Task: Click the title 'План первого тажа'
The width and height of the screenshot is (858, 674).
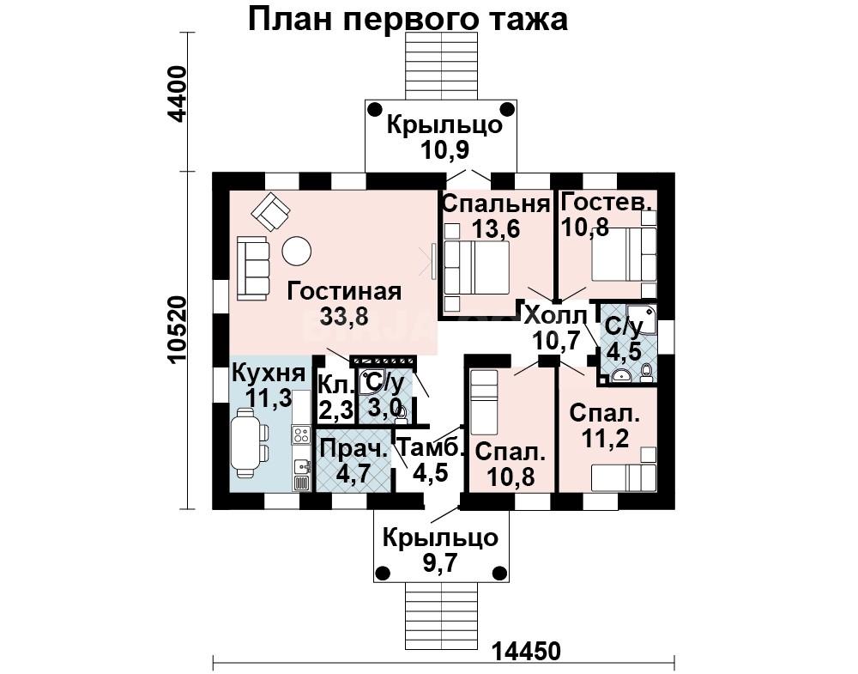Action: [408, 21]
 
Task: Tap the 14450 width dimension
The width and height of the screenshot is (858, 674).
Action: [527, 652]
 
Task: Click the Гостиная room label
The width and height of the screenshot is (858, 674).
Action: [344, 291]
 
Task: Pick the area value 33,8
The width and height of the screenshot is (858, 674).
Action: [345, 317]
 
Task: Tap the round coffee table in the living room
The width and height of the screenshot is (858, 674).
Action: [297, 251]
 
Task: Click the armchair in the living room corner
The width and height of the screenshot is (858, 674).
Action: [269, 211]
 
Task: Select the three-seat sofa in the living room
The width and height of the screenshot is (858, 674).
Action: [253, 268]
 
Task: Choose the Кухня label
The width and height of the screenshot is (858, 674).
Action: [269, 373]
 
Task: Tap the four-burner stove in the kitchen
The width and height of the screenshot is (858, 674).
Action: [300, 435]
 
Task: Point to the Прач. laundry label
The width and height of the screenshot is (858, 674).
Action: [353, 449]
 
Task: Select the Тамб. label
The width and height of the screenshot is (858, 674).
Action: [430, 446]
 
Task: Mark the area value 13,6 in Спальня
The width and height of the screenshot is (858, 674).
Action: [496, 228]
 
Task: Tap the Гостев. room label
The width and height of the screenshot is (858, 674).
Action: [607, 202]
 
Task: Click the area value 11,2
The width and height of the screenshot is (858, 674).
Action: [605, 438]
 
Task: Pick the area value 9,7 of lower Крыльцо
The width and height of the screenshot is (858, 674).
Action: [440, 562]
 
